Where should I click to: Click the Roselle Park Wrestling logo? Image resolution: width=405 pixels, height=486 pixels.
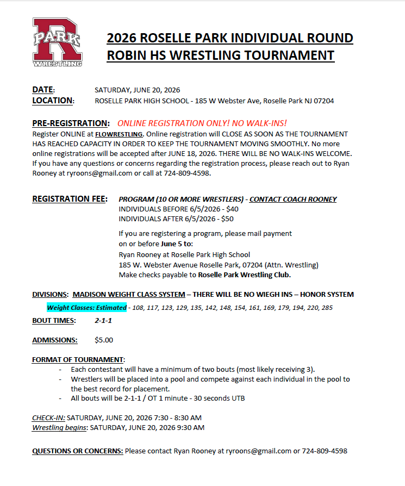pyautogui.click(x=57, y=42)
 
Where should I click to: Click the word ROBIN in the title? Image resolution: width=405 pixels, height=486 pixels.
pyautogui.click(x=128, y=55)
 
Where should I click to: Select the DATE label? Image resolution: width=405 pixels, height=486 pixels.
pyautogui.click(x=43, y=90)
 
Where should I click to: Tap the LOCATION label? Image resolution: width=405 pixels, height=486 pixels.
pyautogui.click(x=52, y=101)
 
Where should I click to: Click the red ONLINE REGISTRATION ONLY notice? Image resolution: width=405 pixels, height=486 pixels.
pyautogui.click(x=202, y=123)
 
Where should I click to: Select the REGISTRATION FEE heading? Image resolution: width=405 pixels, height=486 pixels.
pyautogui.click(x=70, y=199)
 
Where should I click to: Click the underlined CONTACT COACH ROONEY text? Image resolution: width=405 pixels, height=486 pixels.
pyautogui.click(x=293, y=199)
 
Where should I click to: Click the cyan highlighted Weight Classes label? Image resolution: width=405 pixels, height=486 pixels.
pyautogui.click(x=86, y=307)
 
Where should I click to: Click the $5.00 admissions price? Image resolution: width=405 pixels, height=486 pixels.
pyautogui.click(x=104, y=340)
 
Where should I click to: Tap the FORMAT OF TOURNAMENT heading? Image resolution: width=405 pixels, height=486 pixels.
pyautogui.click(x=78, y=360)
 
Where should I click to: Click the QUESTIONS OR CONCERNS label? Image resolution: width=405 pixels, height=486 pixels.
pyautogui.click(x=77, y=451)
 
